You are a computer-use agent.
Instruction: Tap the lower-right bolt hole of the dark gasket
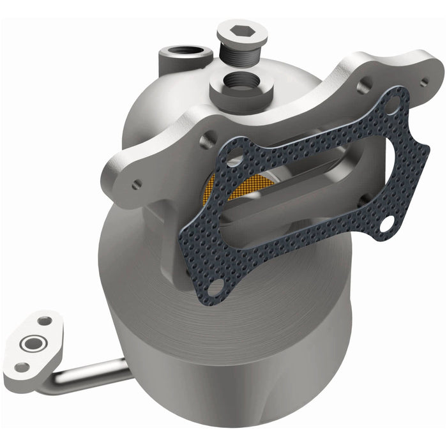click(x=389, y=223)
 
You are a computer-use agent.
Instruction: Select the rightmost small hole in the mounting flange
click(x=423, y=81)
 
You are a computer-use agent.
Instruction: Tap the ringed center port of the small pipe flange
click(x=29, y=345)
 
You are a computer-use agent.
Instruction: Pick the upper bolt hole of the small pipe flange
click(x=43, y=321)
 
